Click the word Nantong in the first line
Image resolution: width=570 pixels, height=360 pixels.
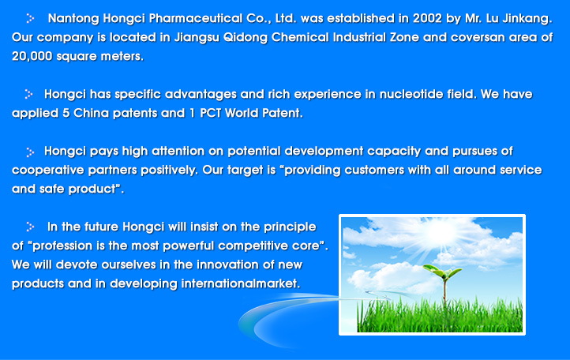pyautogui.click(x=73, y=18)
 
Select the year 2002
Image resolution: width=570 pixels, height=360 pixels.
pyautogui.click(x=427, y=18)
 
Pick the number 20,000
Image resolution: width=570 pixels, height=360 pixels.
pyautogui.click(x=32, y=56)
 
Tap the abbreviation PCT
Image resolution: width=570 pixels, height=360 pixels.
pyautogui.click(x=211, y=113)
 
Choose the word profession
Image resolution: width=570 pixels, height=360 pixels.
pyautogui.click(x=62, y=246)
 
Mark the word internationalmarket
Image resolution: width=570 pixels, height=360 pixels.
pyautogui.click(x=241, y=283)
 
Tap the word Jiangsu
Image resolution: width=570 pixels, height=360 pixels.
pyautogui.click(x=197, y=37)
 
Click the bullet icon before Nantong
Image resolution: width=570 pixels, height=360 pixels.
pyautogui.click(x=30, y=18)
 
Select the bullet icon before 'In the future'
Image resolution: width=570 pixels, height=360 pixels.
pyautogui.click(x=30, y=227)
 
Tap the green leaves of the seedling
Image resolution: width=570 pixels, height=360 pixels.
pyautogui.click(x=442, y=271)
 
